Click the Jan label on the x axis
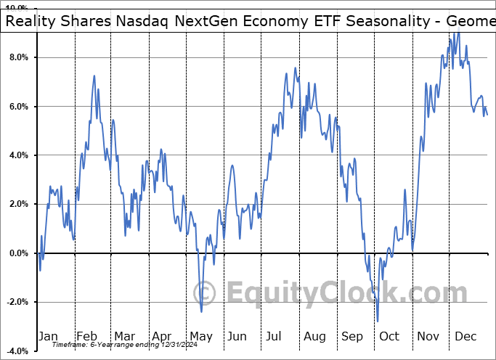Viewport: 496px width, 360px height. point(48,336)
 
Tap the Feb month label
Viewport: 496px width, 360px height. point(86,336)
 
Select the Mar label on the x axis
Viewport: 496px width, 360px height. point(124,336)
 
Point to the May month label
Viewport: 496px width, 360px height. point(200,336)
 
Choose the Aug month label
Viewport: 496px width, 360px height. point(314,336)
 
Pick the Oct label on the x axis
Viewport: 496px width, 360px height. point(390,336)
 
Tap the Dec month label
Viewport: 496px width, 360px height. point(466,336)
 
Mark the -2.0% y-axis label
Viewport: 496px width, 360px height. point(15,302)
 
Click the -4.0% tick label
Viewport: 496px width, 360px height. point(15,351)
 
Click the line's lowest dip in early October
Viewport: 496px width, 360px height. point(378,321)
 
